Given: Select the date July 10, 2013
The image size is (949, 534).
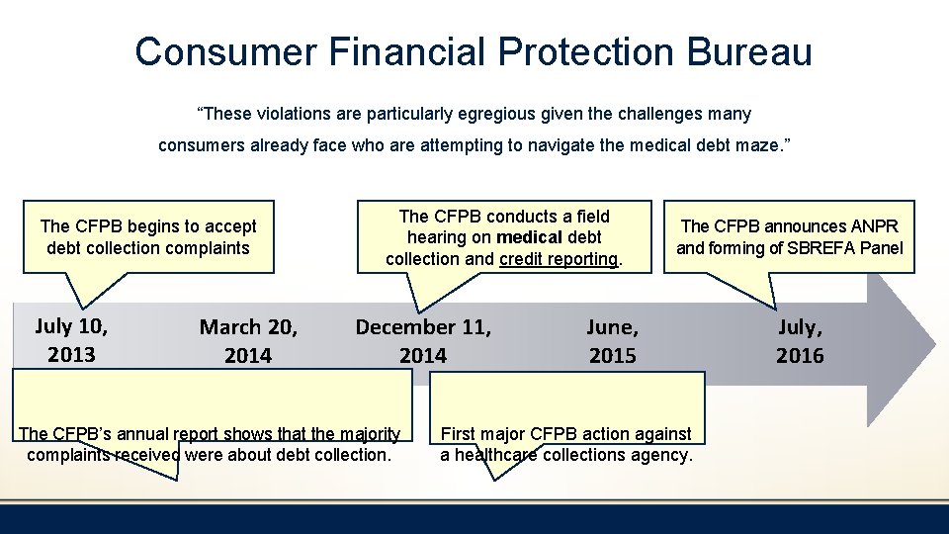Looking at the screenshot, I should coord(71,339).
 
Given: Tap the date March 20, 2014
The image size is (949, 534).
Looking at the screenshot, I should coord(248,340).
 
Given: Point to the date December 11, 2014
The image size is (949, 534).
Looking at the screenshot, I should coord(423,340).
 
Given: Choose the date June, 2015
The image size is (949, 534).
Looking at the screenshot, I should coord(612,340).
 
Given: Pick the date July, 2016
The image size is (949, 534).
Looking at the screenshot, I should coord(799,340).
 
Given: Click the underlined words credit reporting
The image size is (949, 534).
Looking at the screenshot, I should coord(559,259).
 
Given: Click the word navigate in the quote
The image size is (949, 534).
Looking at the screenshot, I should coord(561,145).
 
